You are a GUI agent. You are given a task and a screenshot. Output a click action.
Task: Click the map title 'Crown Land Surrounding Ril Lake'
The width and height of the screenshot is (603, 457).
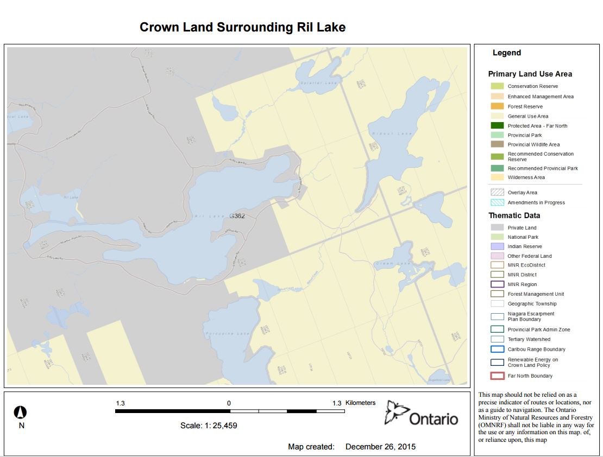[242, 27]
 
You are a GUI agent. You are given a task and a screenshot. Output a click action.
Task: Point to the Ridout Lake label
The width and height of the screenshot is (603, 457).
[385, 134]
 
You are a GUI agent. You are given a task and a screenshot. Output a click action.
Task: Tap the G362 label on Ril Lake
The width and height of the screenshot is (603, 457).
[237, 216]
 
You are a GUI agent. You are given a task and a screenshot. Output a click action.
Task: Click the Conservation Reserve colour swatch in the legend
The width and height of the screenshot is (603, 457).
[497, 86]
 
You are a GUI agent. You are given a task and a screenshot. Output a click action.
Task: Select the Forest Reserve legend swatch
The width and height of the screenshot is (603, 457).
[497, 106]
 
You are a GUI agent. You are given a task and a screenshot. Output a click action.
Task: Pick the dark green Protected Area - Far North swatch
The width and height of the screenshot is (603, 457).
[497, 126]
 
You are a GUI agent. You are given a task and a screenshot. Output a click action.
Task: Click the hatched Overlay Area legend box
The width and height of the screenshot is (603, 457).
[497, 193]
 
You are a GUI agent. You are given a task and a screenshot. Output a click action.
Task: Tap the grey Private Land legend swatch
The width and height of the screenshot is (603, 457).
[497, 228]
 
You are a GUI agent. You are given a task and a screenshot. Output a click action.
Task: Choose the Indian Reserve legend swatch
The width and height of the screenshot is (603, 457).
[497, 246]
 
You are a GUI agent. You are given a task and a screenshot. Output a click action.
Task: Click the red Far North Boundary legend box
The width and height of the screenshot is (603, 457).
[497, 376]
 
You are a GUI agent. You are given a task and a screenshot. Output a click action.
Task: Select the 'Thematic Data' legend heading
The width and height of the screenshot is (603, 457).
[514, 215]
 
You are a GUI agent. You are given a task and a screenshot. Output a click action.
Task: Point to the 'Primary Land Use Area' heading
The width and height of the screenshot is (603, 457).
[530, 74]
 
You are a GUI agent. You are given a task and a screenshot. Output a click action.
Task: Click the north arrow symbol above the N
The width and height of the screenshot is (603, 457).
[21, 412]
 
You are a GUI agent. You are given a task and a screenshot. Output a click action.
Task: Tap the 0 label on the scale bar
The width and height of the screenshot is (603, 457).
[229, 403]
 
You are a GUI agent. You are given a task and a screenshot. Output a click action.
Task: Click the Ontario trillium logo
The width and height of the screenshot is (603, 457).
[395, 414]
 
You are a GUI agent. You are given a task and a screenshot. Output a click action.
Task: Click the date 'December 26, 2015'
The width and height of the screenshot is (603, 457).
[380, 447]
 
